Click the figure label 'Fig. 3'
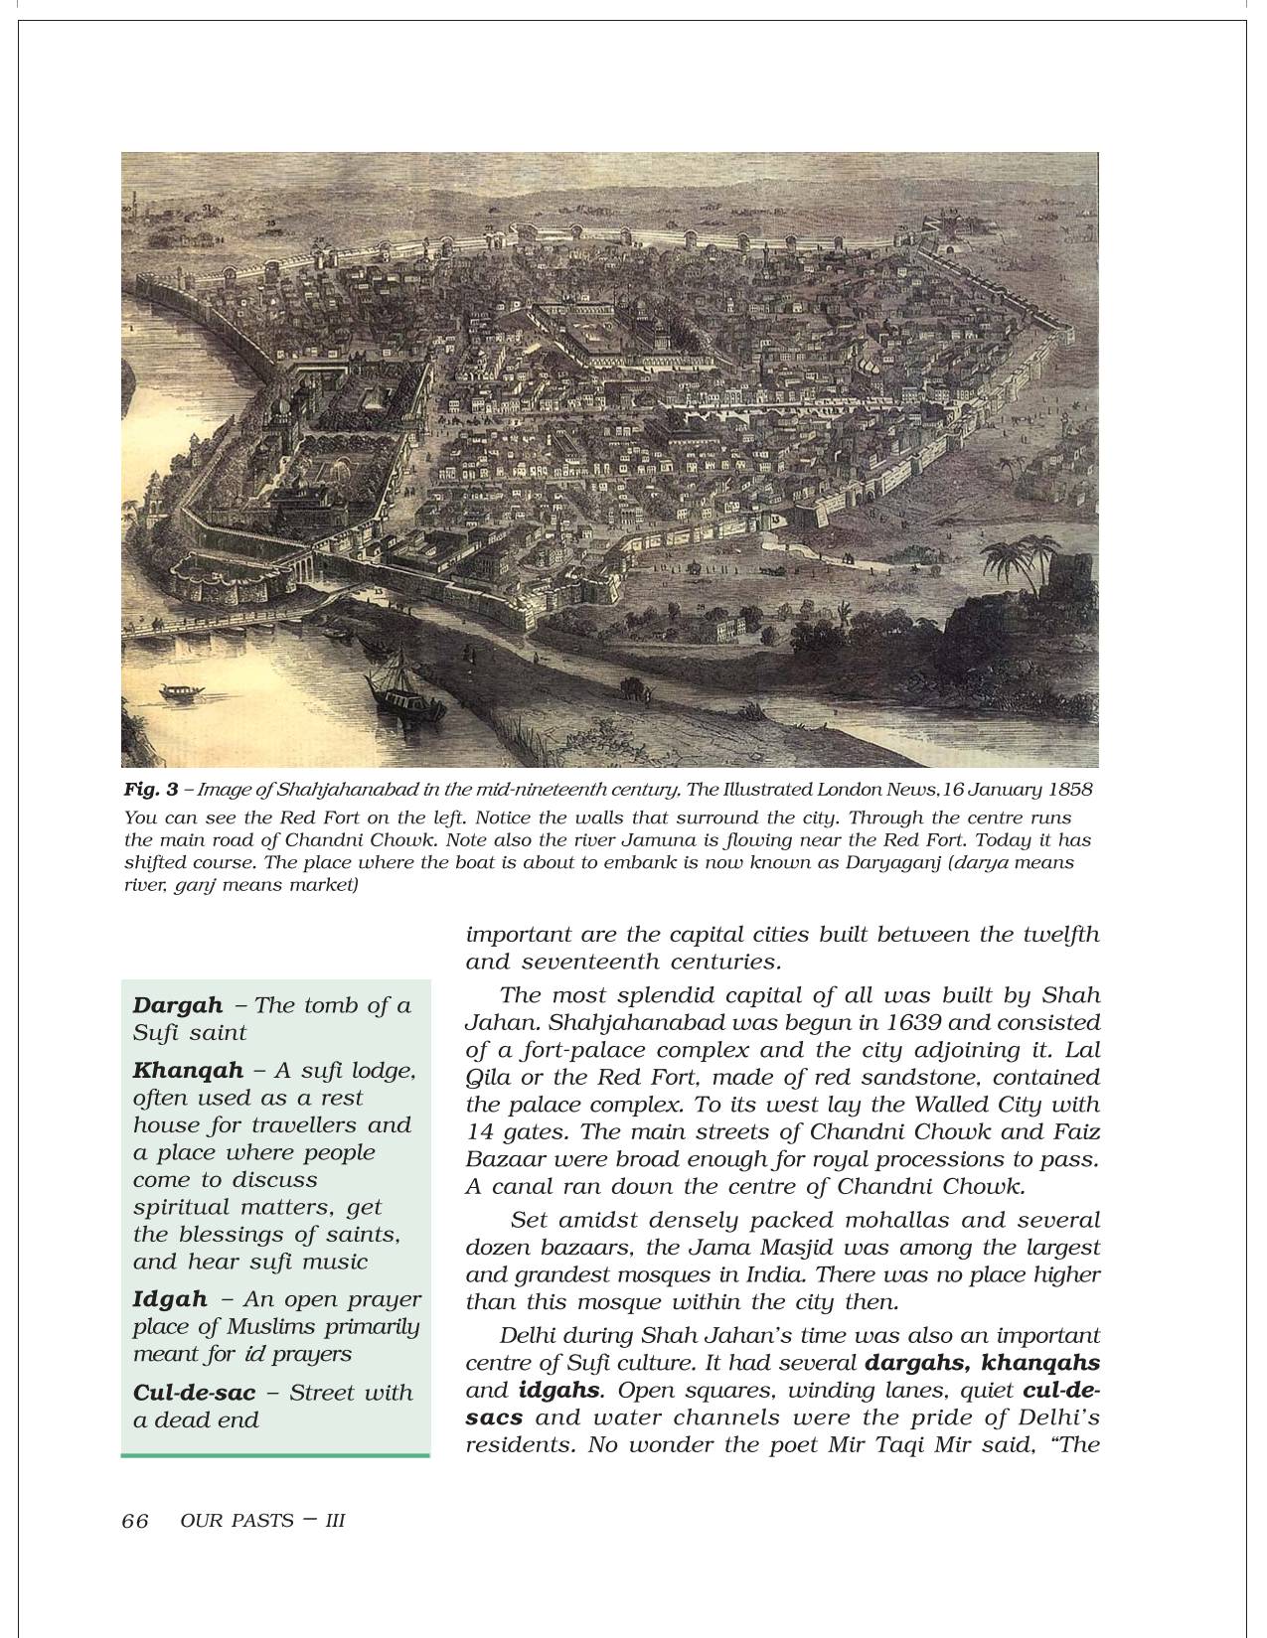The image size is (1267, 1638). (151, 791)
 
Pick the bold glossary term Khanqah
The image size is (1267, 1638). (188, 1071)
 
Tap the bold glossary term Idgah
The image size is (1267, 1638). (170, 1299)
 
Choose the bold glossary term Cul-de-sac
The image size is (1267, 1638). (194, 1393)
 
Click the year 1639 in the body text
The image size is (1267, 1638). (808, 1022)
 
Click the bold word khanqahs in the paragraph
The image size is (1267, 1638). (1039, 1363)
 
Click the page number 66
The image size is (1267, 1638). (135, 1521)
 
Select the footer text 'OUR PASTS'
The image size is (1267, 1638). (238, 1521)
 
